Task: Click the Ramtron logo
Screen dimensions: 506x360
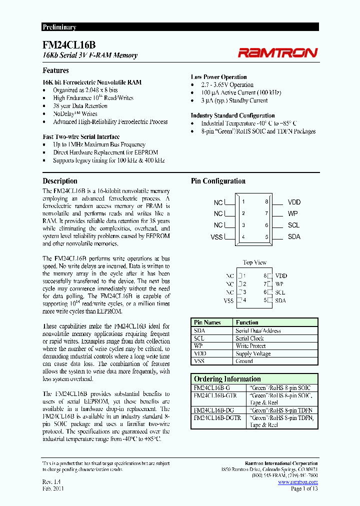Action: (277, 52)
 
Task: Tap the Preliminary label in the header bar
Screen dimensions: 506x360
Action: (59, 27)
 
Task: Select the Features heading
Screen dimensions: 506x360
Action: (55, 70)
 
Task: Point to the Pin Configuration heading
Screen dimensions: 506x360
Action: (218, 181)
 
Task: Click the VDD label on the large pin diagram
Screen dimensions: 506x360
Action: (294, 202)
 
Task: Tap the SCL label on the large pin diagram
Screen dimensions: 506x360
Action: (293, 225)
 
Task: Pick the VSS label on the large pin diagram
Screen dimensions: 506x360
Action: (216, 237)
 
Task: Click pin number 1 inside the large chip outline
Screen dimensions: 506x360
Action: (243, 202)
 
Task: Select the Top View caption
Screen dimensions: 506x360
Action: (254, 262)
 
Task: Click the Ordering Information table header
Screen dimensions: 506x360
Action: (227, 379)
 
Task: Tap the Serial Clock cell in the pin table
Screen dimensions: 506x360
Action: (249, 338)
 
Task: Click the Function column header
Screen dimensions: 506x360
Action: (247, 322)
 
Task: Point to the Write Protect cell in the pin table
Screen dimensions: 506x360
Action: (251, 346)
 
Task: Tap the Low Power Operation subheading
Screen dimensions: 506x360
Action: (218, 77)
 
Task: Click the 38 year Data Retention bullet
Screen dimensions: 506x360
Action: (80, 106)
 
